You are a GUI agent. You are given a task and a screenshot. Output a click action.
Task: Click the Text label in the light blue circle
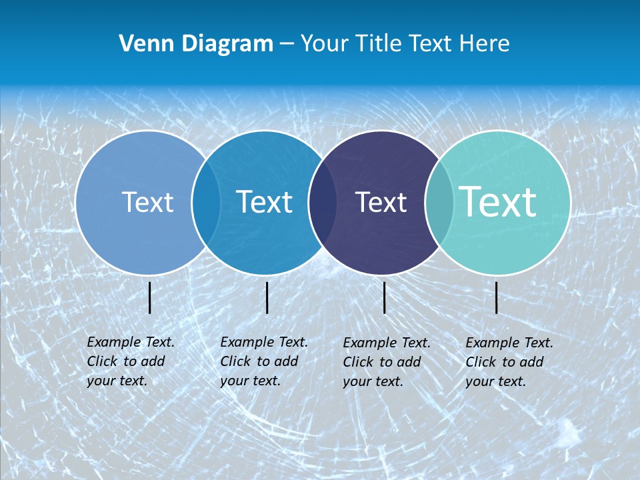click(147, 202)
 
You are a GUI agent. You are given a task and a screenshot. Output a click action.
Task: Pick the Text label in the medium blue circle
click(265, 202)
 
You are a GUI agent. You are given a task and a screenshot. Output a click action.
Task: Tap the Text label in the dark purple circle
click(381, 202)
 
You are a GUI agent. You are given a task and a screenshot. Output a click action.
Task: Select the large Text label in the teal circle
click(498, 201)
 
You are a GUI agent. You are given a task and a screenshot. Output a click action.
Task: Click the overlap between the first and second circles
click(206, 202)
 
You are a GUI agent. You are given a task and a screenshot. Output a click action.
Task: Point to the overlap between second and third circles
click(323, 202)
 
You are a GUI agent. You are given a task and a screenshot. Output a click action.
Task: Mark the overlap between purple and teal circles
click(439, 202)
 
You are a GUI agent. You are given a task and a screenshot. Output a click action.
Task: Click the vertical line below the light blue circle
click(150, 297)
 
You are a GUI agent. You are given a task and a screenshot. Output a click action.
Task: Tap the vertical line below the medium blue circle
click(267, 297)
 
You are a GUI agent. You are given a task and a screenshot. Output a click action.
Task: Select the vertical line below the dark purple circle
click(385, 297)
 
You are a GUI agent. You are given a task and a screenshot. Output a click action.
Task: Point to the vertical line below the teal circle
click(497, 297)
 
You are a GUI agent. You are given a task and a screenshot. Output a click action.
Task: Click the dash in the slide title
click(287, 45)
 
